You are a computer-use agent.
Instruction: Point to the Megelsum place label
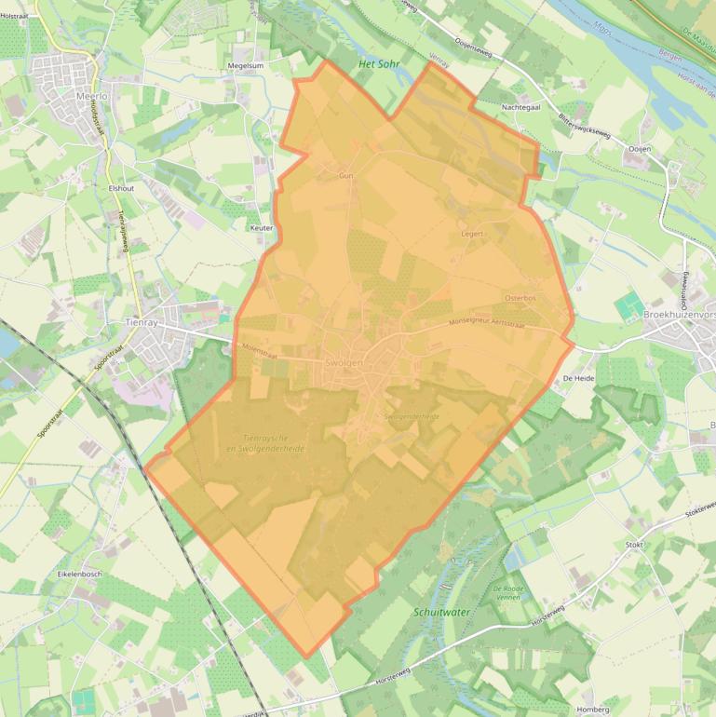tap(246, 66)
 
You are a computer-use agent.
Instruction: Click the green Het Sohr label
tap(378, 64)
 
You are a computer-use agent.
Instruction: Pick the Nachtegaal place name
tap(522, 108)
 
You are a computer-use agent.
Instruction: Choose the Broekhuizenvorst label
tap(680, 318)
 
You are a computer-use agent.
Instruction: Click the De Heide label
tap(578, 379)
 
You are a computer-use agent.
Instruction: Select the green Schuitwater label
tap(442, 613)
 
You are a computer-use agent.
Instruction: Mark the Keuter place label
tap(262, 227)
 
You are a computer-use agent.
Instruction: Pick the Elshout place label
tap(121, 187)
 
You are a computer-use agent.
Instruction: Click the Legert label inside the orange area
tap(472, 234)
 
